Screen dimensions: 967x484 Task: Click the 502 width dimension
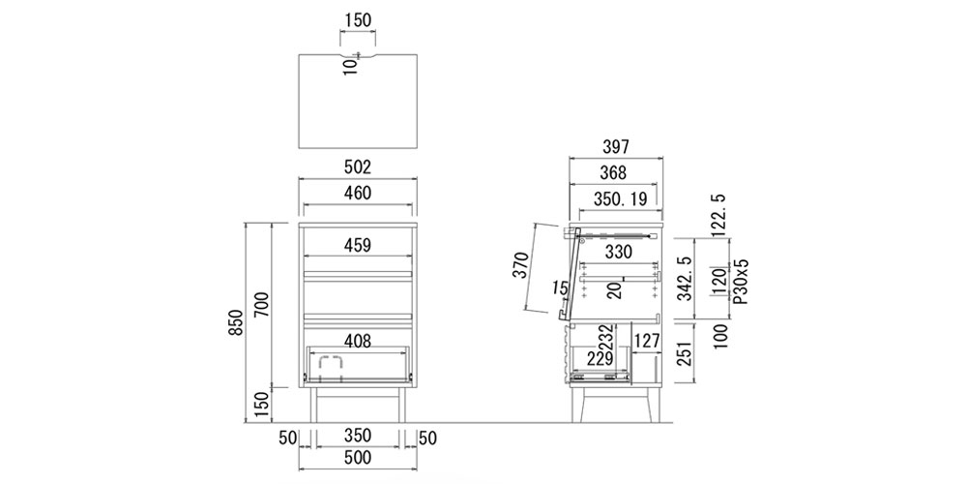coord(358,166)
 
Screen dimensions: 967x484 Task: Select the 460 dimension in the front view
coord(358,194)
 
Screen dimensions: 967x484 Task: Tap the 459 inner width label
coord(358,245)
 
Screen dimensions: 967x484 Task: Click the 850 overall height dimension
coord(236,321)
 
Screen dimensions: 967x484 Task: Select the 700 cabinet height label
coord(263,305)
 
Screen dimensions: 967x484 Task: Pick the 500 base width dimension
coord(358,458)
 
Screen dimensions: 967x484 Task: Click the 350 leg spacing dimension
coord(358,436)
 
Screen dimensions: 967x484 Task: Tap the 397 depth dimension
coord(615,147)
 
